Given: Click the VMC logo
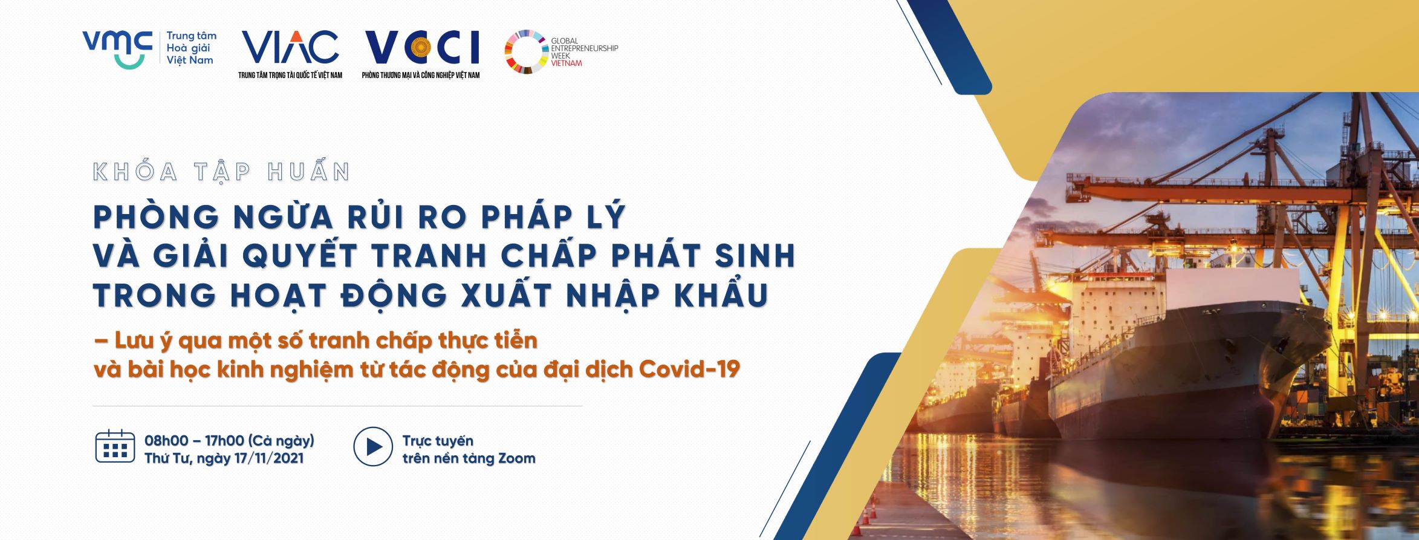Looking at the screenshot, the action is [x=117, y=48].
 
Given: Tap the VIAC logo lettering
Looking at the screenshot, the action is [x=290, y=47].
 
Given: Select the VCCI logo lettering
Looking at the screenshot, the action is [x=422, y=47].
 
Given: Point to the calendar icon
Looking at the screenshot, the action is [x=115, y=446].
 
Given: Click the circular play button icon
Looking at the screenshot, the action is [x=373, y=447].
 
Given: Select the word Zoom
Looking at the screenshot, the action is [x=516, y=458].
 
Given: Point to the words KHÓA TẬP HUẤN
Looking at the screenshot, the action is [x=222, y=172].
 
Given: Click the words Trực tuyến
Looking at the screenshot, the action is [x=438, y=441].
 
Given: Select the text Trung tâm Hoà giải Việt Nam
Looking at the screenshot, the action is [x=191, y=48].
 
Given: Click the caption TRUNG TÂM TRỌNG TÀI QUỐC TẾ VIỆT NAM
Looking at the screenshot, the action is [x=290, y=75].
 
